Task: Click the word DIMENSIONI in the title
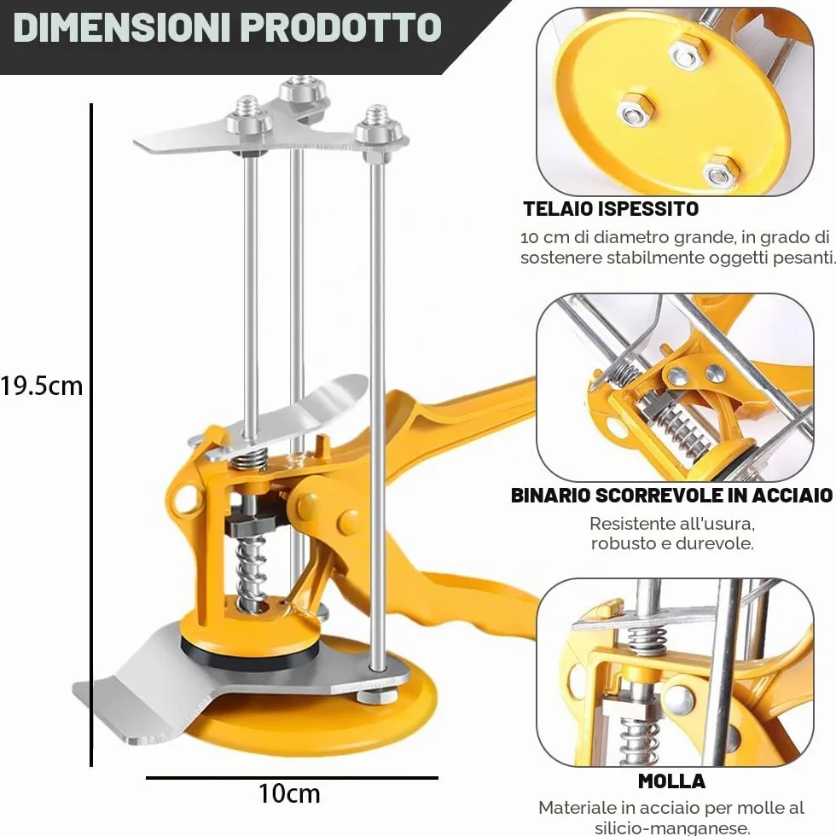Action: [122, 27]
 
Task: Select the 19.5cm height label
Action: [42, 386]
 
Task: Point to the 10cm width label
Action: [289, 793]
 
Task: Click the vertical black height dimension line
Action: [92, 435]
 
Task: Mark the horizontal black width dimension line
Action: [292, 778]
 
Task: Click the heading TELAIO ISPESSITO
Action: [611, 209]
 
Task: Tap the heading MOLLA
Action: [672, 781]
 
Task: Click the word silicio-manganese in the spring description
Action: [671, 828]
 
